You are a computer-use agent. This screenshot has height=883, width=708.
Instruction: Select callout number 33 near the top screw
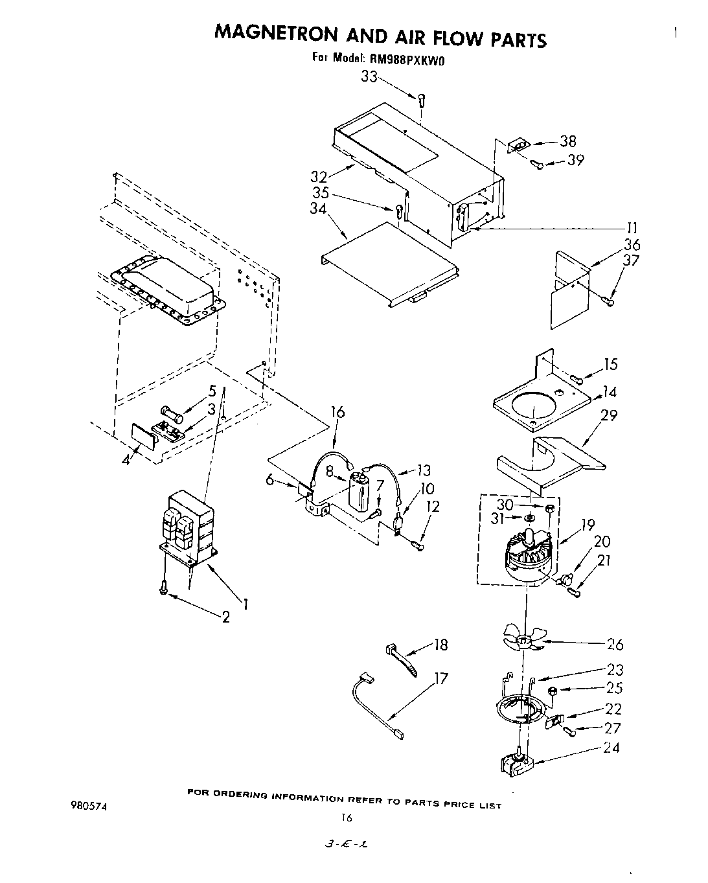pos(369,77)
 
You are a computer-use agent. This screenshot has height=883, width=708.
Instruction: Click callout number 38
pos(567,142)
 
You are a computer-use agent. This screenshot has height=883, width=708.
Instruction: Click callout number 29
pos(609,415)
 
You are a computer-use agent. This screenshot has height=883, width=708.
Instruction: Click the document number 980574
pos(89,807)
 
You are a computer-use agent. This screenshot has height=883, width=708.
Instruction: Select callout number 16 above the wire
pos(337,413)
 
